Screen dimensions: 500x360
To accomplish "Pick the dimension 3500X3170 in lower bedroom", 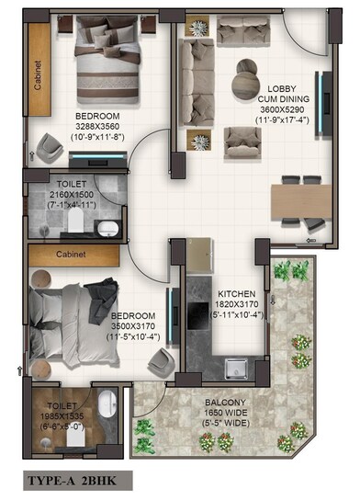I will pos(107,325).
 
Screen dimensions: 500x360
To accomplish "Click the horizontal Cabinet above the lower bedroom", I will pos(71,253).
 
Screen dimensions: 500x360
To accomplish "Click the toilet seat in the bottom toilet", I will pos(108,403).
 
